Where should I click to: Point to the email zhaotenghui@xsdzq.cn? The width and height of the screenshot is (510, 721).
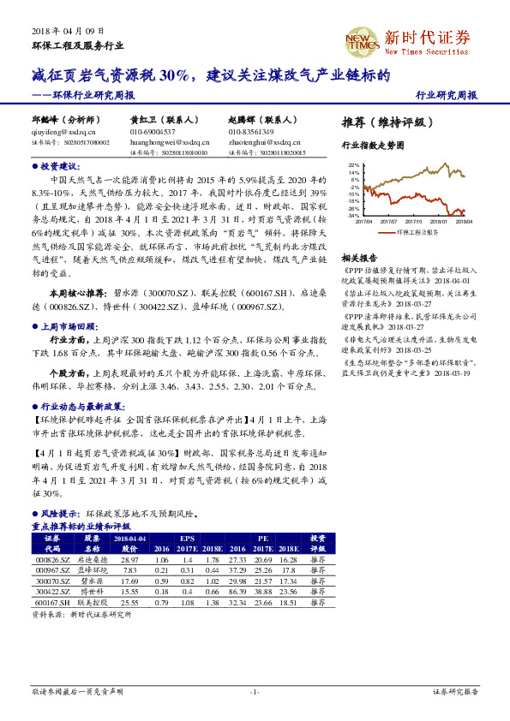click(x=261, y=142)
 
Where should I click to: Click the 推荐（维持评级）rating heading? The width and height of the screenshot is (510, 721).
click(x=381, y=121)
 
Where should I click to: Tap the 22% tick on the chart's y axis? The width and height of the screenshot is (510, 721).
click(x=354, y=164)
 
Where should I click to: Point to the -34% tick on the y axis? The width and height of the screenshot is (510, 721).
click(x=353, y=215)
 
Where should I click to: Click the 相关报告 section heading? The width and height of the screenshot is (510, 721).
click(x=359, y=257)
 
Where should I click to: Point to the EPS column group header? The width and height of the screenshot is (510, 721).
click(x=188, y=537)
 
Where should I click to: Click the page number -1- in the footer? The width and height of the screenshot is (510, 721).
click(x=255, y=691)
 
